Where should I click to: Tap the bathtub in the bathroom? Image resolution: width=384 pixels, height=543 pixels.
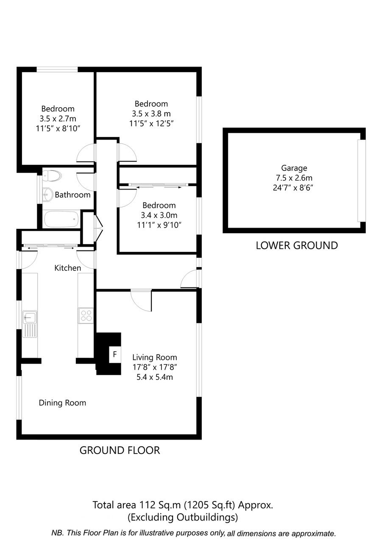61,219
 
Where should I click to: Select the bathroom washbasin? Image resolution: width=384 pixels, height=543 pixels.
48,195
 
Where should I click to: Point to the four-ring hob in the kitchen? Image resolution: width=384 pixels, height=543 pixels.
86,315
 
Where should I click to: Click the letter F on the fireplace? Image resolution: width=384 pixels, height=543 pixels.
115,354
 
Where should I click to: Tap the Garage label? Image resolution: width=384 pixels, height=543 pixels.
294,168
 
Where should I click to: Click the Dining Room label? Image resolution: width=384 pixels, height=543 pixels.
63,403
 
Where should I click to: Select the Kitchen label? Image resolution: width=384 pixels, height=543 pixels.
68,268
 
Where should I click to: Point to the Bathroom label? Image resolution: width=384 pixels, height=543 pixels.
72,195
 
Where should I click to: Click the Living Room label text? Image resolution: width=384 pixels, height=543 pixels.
155,357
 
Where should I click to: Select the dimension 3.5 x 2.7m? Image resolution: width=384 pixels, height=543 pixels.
58,119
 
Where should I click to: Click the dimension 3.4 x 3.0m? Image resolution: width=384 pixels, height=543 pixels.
159,215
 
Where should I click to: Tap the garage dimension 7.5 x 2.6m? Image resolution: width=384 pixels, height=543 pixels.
294,178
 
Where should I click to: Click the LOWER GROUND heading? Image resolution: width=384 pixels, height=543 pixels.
297,245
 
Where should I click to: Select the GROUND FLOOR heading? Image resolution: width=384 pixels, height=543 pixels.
120,451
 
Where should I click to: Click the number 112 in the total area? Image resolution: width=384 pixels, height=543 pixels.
147,505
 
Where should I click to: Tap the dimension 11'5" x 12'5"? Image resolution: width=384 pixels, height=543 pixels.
151,124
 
